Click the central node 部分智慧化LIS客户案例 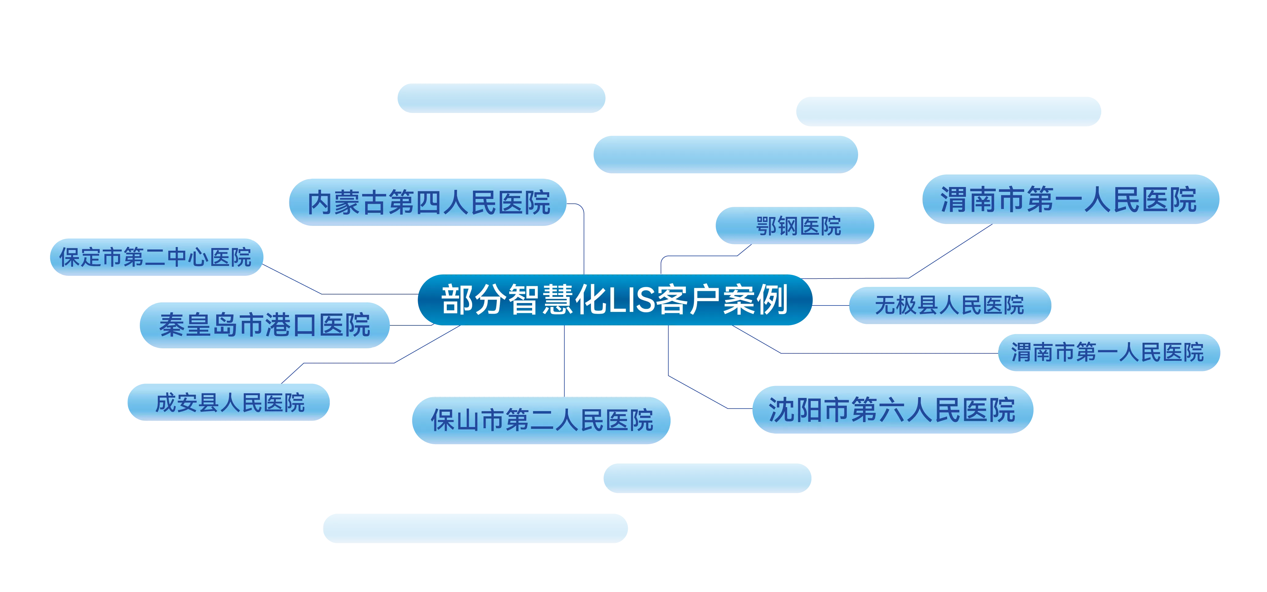tap(615, 300)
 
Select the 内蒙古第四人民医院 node tap(428, 202)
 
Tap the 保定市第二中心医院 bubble tap(156, 257)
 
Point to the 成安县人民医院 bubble tap(229, 402)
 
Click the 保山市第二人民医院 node tap(541, 420)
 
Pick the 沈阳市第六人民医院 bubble tap(893, 410)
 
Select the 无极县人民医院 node tap(950, 305)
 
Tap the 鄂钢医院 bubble tap(795, 225)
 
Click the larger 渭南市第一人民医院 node tap(1071, 199)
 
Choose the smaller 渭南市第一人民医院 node tap(1109, 352)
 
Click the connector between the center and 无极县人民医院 tap(831, 305)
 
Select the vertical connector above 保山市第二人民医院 tap(564, 361)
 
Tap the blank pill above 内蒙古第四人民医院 tap(501, 99)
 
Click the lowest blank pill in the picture tap(475, 529)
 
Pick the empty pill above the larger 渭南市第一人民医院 tap(948, 111)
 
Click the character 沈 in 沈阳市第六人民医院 tap(782, 410)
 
